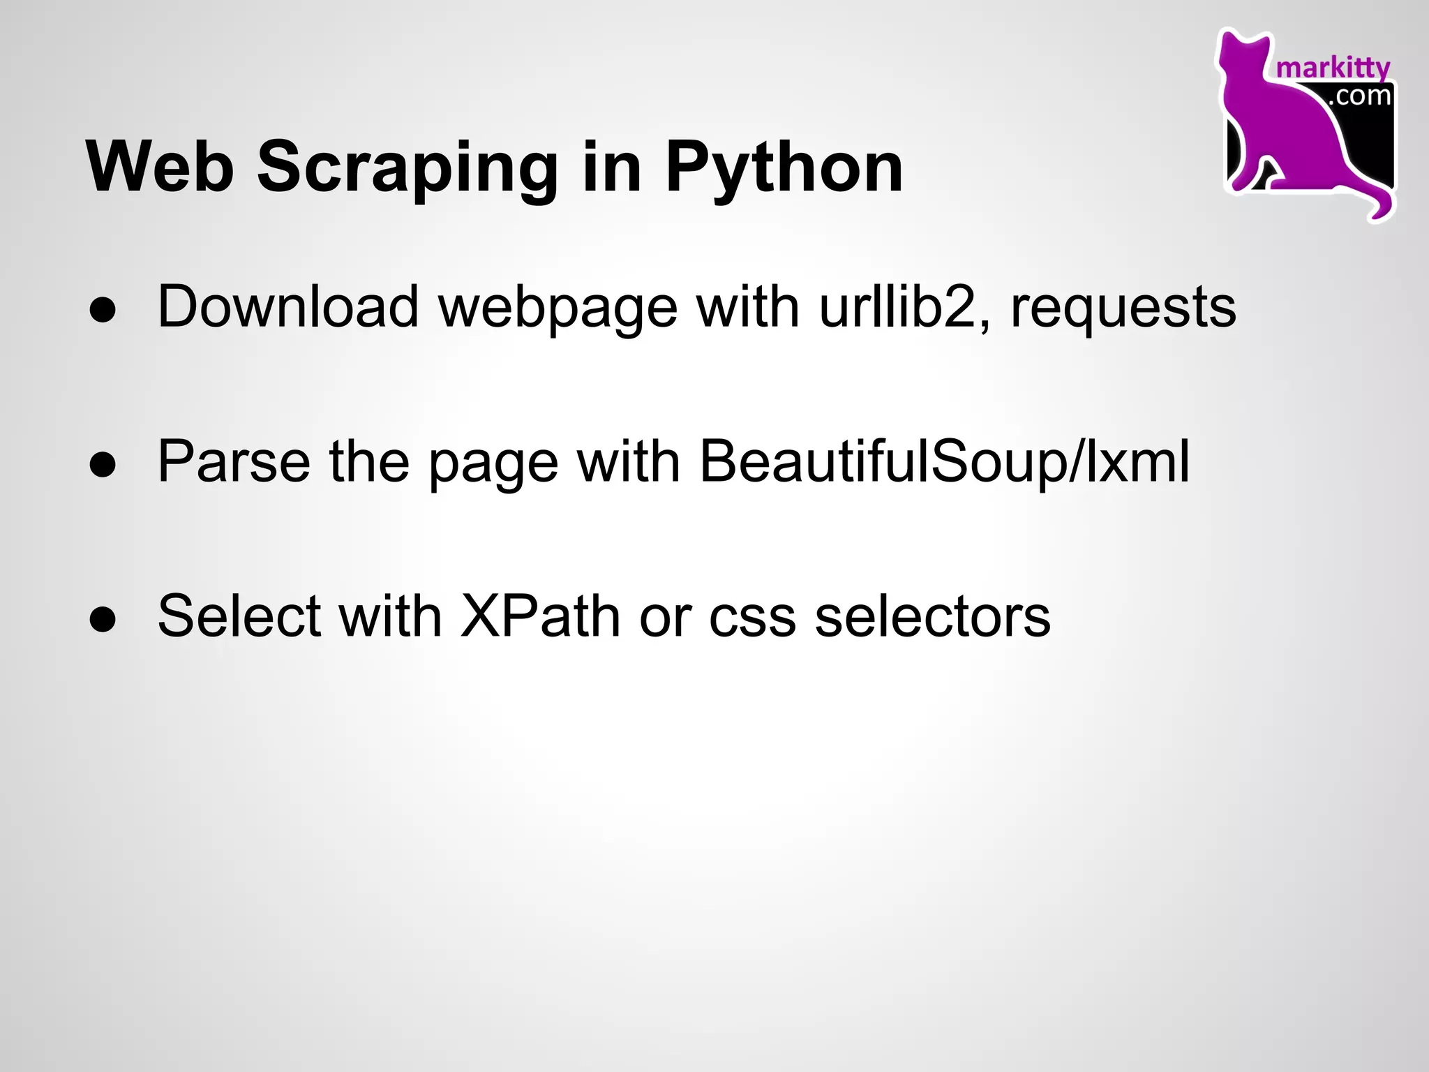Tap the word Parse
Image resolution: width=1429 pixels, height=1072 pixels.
tap(234, 462)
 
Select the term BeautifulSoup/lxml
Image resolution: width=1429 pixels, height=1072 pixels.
tap(945, 462)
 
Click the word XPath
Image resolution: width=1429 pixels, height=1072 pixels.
tap(540, 616)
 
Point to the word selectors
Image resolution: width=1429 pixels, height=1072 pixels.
tap(932, 616)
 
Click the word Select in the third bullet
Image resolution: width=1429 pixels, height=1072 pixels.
tap(239, 616)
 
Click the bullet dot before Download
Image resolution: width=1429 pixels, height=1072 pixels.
tap(103, 311)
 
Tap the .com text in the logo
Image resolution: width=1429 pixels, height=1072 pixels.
tap(1359, 96)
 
